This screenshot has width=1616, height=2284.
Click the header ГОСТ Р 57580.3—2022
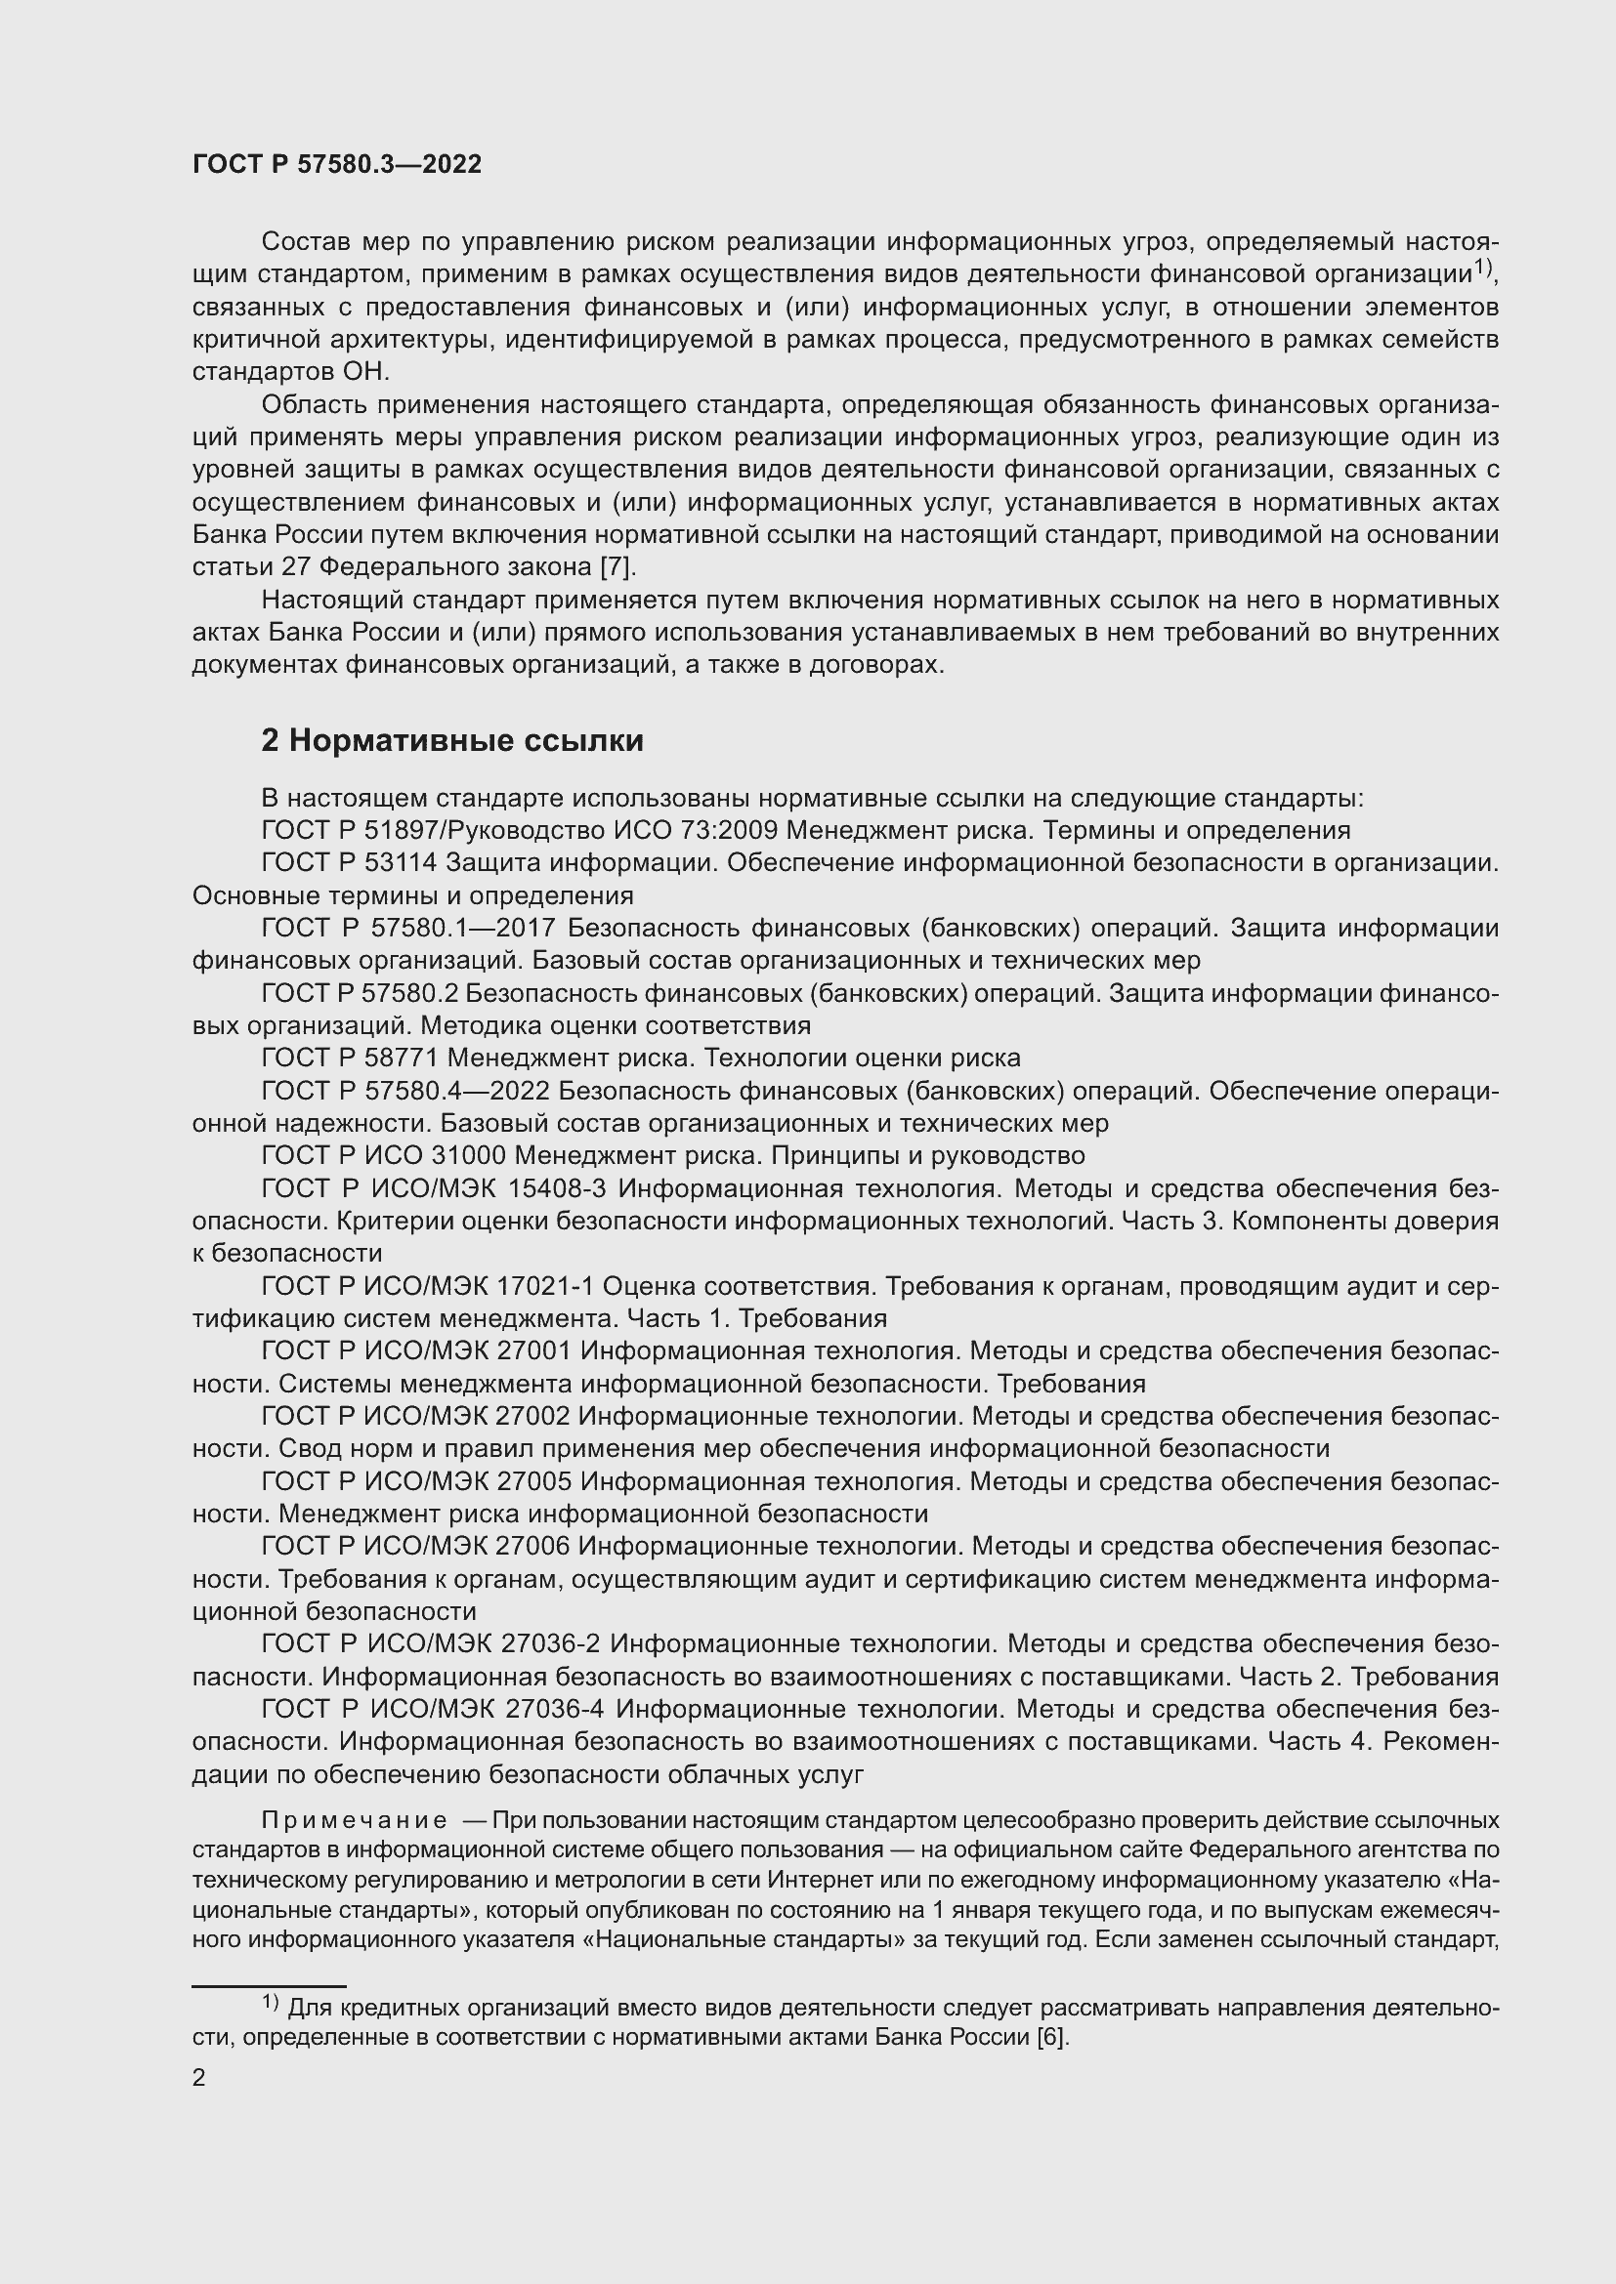[336, 164]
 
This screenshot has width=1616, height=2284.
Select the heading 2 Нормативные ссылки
[451, 740]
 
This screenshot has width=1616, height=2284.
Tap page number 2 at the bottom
[199, 2077]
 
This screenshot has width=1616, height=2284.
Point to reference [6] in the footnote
[1052, 2036]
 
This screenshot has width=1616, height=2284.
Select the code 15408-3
[564, 1187]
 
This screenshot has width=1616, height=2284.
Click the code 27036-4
[556, 1709]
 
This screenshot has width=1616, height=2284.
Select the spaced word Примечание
[354, 1820]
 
